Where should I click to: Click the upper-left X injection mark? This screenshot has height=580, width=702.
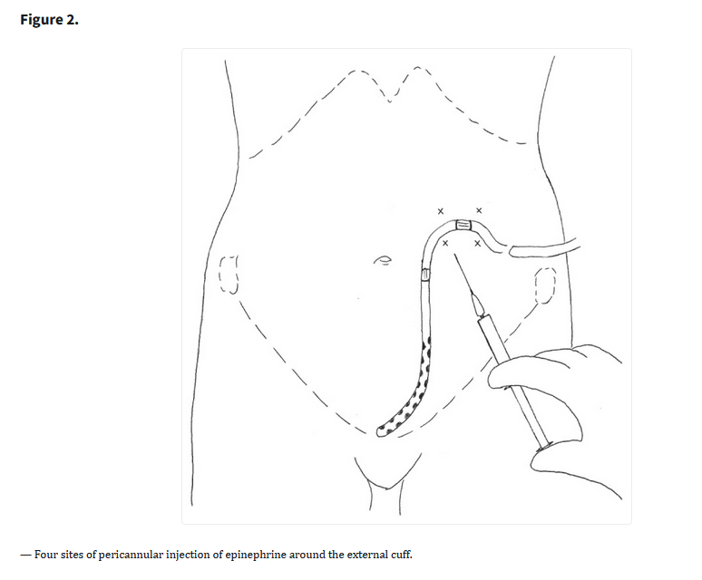click(441, 211)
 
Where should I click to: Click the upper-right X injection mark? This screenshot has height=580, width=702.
click(479, 210)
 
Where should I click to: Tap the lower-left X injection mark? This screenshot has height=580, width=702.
click(445, 243)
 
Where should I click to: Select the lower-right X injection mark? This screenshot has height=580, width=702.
click(478, 243)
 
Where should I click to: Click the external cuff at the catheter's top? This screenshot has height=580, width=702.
click(463, 225)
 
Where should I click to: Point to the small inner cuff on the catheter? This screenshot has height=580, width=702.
click(425, 274)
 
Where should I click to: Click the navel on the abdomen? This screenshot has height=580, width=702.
click(384, 260)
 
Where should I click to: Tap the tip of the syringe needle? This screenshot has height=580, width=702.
click(455, 255)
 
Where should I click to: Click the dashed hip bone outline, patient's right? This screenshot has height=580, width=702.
click(229, 275)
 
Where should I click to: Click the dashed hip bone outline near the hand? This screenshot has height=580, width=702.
click(546, 285)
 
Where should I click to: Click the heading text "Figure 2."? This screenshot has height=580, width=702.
click(49, 20)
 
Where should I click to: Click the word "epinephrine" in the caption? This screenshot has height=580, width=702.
click(255, 555)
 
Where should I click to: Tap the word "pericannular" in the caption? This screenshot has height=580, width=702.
click(131, 555)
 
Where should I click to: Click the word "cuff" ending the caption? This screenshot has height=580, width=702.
click(403, 555)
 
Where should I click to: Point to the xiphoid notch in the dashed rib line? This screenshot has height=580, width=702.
click(390, 99)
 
